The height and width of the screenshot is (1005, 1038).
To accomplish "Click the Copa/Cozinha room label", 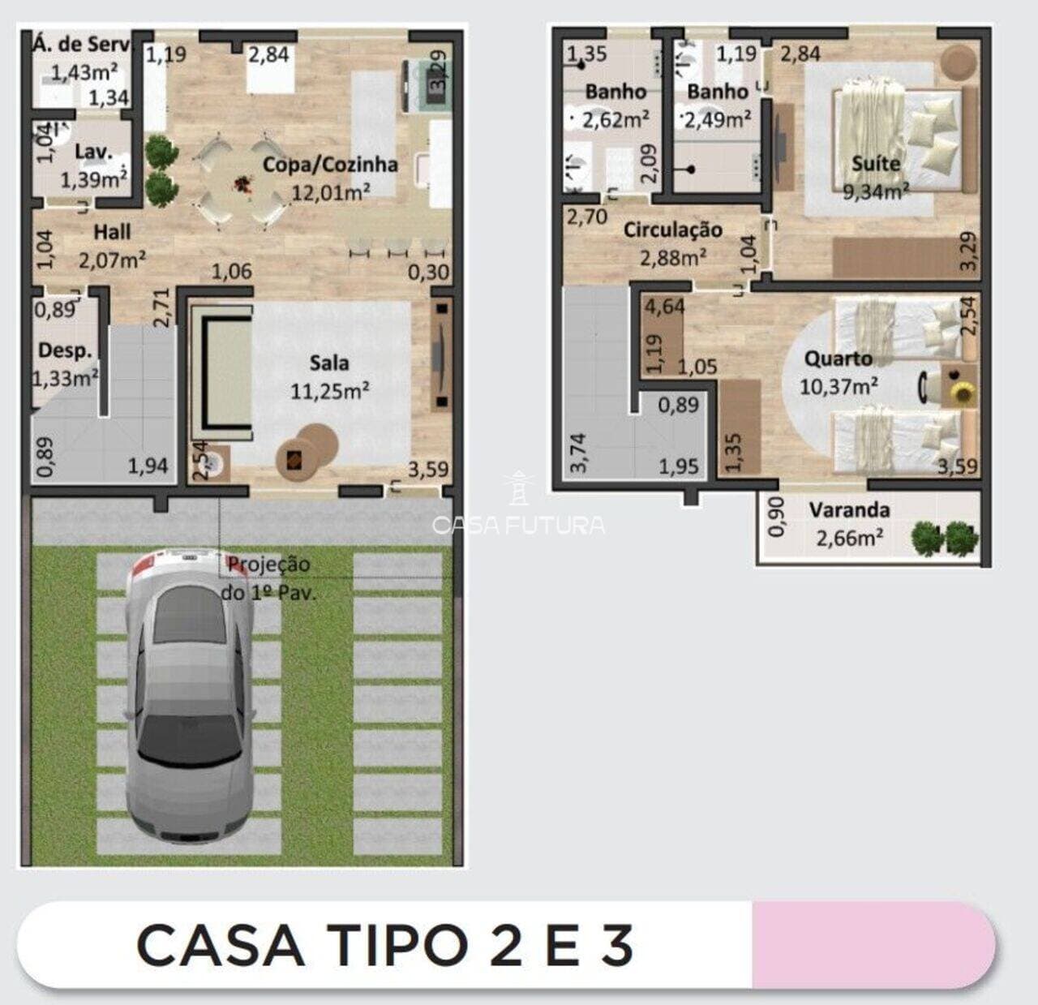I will point(330,165).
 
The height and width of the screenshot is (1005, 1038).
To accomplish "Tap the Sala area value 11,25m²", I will point(330,391).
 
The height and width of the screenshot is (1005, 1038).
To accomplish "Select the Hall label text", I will point(112,232).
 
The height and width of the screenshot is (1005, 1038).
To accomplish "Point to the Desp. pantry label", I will point(64,350).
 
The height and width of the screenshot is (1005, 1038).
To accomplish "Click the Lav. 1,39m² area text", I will point(93,179).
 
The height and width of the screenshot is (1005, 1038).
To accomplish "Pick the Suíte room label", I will point(876,164).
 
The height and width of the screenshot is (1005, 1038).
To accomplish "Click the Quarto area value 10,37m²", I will point(839,386).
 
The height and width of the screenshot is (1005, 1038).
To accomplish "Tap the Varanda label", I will point(849,510).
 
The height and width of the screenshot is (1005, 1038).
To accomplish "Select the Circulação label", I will point(672,230).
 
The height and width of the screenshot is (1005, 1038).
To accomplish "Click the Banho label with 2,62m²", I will point(616,92).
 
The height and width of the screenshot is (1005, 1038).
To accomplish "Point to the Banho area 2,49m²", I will point(717,120).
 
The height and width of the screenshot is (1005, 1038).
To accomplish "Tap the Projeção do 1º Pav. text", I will point(268,578).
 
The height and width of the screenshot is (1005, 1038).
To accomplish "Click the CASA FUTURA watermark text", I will point(519,526).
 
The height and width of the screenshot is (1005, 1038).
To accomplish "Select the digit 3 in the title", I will point(618,945).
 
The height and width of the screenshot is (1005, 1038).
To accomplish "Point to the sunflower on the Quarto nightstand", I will point(963,393).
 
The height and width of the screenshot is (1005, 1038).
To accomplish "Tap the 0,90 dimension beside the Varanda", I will point(775,517).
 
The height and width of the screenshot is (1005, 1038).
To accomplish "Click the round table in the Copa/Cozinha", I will point(241,186).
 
